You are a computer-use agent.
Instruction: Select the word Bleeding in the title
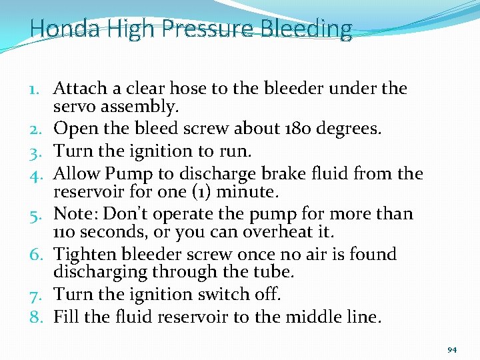pos(307,29)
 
